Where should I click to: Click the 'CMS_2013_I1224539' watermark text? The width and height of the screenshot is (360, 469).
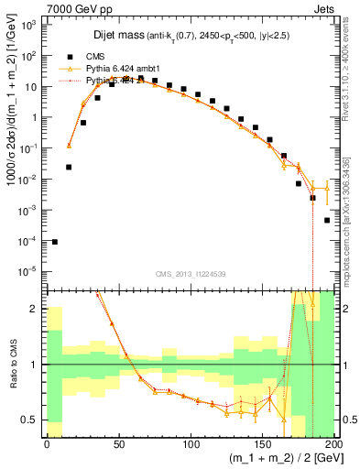point(191,273)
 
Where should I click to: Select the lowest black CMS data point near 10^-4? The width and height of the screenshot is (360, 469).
point(55,242)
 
